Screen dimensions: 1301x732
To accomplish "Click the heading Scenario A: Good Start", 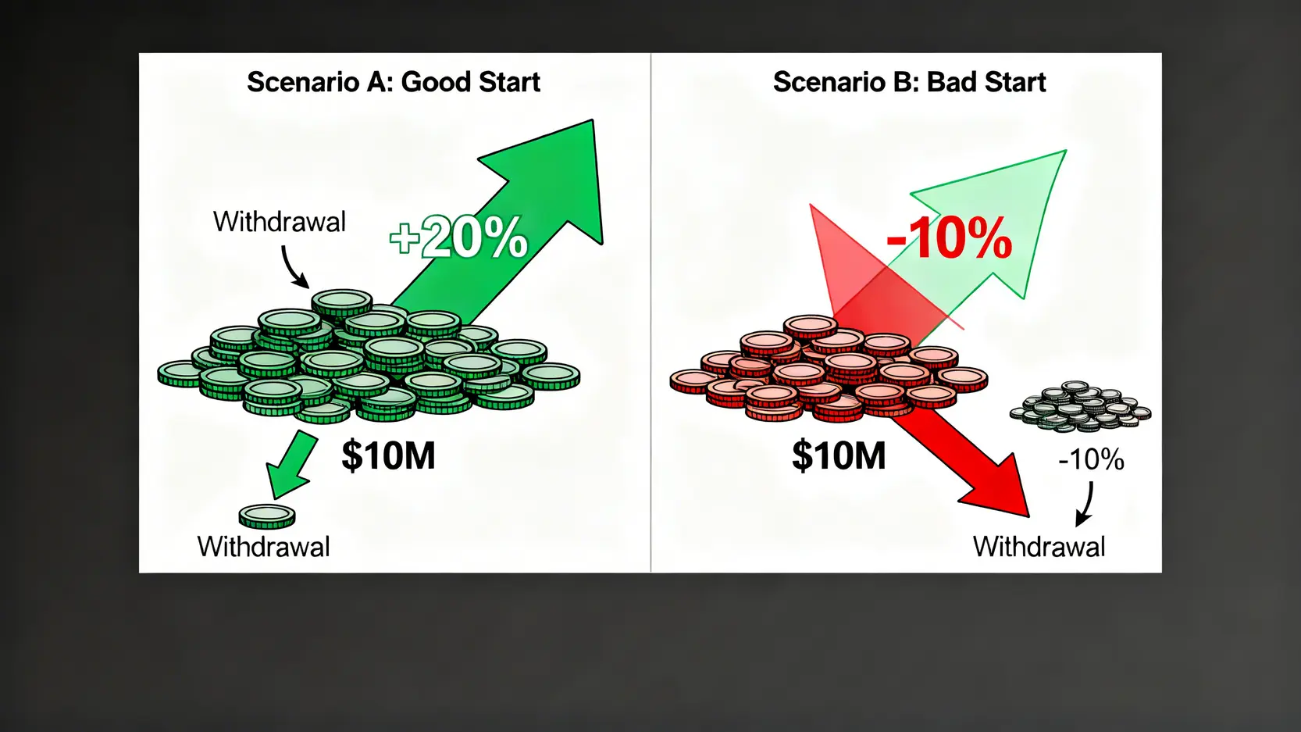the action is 394,82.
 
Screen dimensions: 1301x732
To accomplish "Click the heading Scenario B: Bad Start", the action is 909,82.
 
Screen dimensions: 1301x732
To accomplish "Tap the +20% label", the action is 458,237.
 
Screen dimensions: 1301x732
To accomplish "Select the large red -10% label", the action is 949,238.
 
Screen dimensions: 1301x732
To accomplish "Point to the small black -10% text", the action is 1092,460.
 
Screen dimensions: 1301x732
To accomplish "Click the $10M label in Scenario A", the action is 388,455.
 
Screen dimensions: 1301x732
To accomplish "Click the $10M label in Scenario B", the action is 839,455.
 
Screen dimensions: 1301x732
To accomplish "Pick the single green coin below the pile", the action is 267,516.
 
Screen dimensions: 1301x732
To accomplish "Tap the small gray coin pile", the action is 1080,406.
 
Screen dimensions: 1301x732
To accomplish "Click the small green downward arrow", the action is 290,465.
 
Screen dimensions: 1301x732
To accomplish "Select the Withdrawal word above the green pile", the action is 280,222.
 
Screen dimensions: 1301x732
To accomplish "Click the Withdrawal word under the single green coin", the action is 264,547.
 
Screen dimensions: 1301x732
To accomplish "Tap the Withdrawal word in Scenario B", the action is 1039,547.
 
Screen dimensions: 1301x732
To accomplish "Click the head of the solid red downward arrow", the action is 996,488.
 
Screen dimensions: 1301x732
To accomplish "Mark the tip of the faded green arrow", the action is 1066,151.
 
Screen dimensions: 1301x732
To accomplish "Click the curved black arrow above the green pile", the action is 292,267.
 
